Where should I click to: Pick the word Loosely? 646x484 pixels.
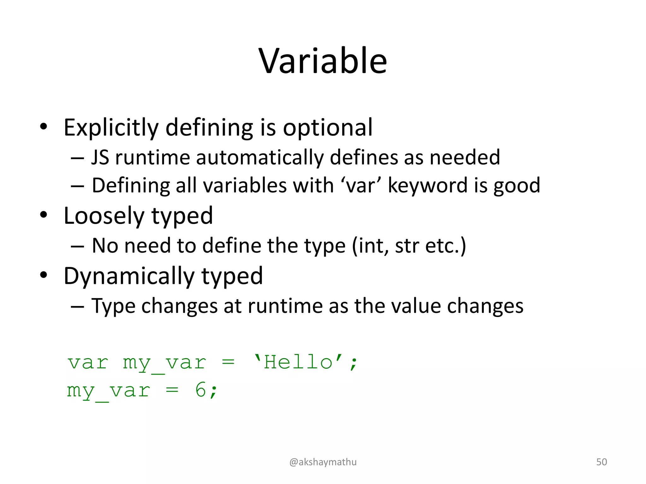104,216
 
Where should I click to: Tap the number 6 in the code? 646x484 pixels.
201,390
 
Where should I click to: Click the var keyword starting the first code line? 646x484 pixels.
88,363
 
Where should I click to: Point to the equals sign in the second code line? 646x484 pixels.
172,390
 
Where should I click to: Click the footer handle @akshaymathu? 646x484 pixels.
323,462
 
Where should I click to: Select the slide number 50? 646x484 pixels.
601,462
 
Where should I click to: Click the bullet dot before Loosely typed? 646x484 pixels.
44,215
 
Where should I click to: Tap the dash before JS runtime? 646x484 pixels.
77,158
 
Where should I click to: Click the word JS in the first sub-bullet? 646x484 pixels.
100,157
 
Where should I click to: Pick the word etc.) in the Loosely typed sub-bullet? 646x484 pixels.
445,245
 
